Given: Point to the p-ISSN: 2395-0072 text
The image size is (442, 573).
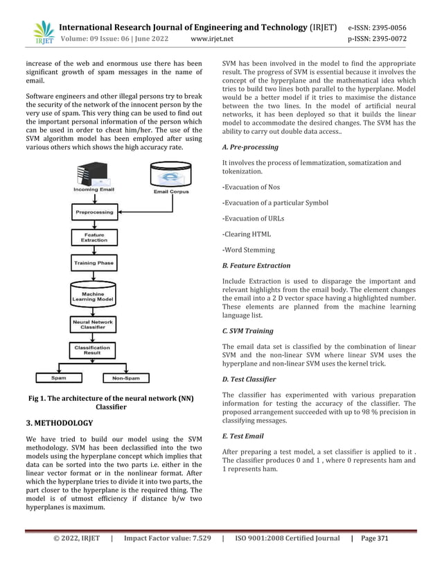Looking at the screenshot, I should (386, 39).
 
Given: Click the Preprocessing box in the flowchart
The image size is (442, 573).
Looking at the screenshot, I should (94, 212).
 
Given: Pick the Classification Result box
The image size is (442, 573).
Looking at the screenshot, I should (92, 350).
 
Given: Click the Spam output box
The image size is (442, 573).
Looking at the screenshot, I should (58, 378).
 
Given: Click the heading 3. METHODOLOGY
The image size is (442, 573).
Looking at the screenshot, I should (60, 422).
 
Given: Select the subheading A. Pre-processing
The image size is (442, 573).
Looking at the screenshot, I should (250, 147).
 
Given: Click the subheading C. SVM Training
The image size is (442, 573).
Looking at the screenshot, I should (247, 331).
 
